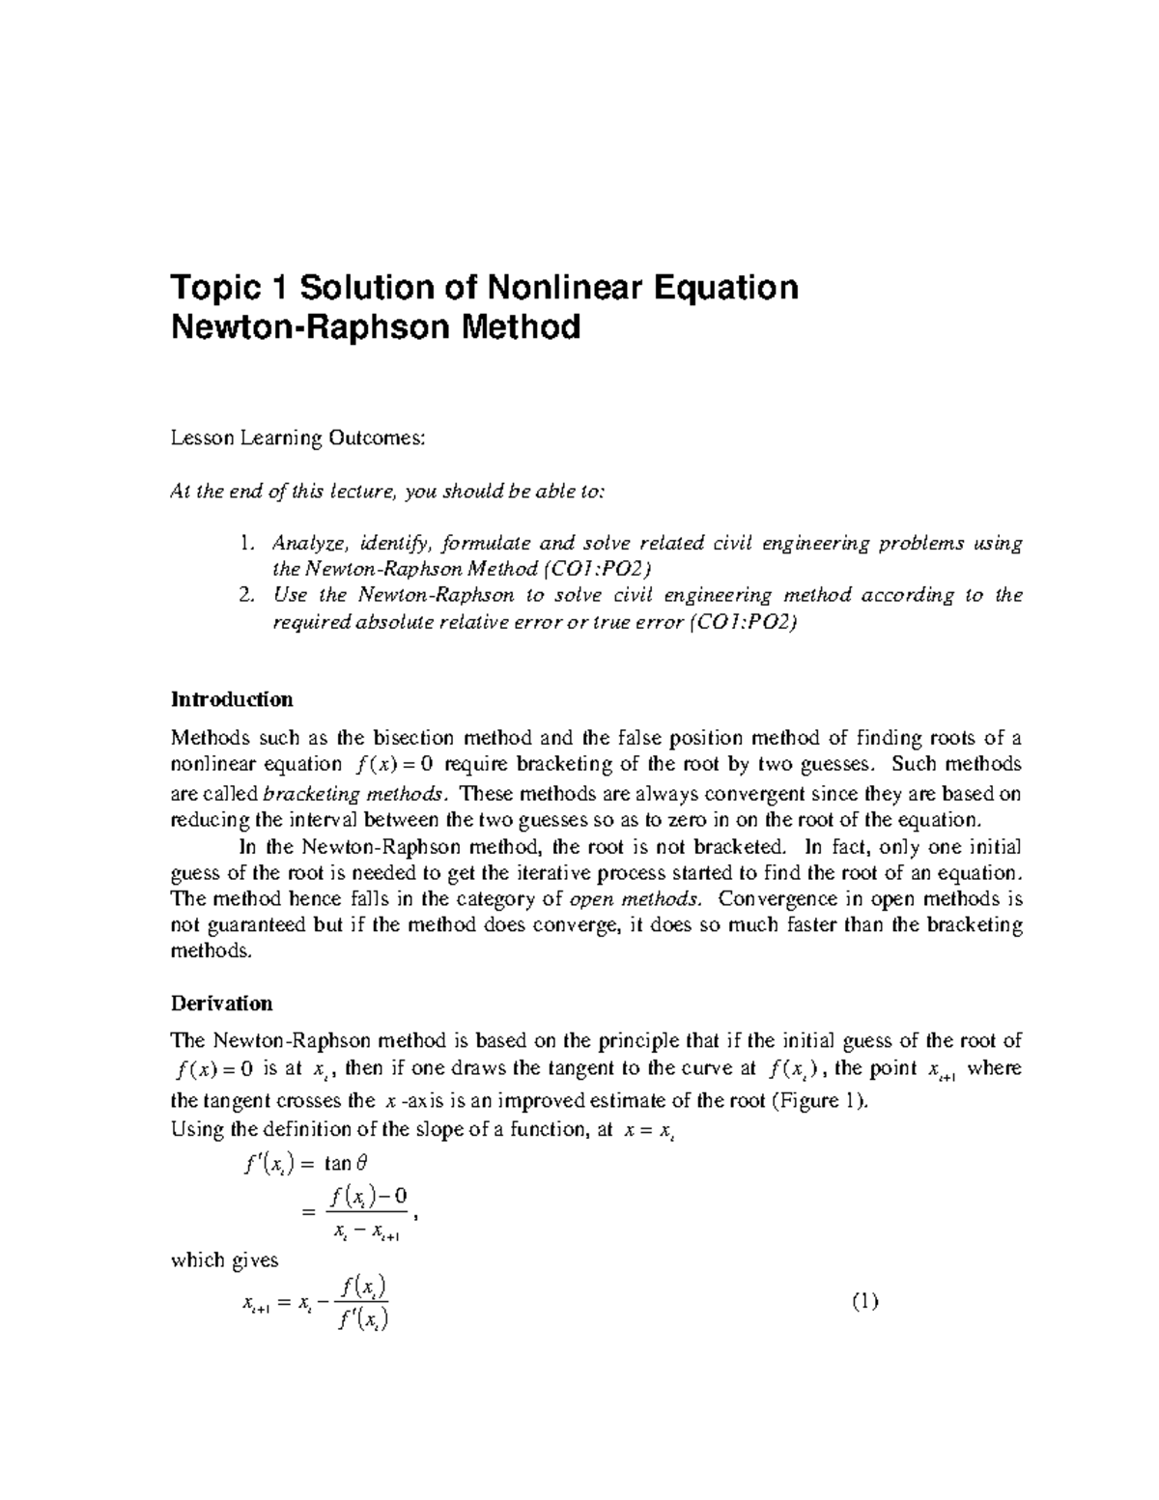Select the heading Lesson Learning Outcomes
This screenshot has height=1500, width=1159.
click(297, 439)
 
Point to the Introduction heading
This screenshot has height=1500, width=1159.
click(232, 698)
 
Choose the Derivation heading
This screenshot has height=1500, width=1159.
click(221, 1003)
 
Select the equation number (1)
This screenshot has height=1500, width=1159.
click(865, 1303)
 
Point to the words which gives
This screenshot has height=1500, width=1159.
click(224, 1259)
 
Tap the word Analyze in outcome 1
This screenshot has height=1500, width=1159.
click(305, 544)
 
